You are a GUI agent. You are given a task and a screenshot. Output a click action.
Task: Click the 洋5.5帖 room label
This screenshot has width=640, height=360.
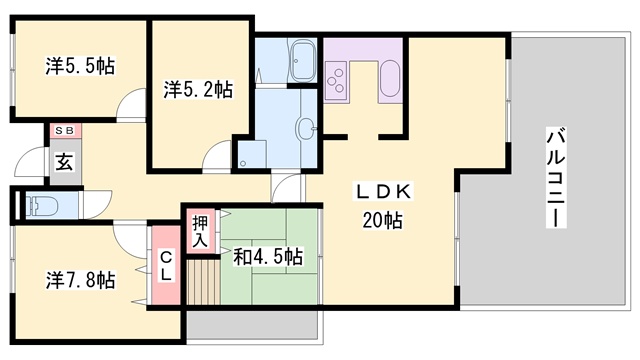pyautogui.click(x=80, y=66)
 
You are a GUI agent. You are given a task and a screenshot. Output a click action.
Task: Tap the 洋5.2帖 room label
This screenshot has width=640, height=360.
pyautogui.click(x=198, y=89)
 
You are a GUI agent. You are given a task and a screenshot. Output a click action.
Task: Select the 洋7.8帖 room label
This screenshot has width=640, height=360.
pyautogui.click(x=80, y=280)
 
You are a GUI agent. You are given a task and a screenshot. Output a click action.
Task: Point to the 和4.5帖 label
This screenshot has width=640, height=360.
pyautogui.click(x=268, y=257)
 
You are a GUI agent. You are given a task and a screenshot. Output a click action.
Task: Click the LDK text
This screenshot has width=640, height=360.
pyautogui.click(x=383, y=191)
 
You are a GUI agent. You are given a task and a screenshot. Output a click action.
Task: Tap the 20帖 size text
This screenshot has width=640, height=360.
pyautogui.click(x=382, y=220)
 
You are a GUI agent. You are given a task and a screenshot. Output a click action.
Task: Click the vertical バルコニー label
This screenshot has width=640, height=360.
pyautogui.click(x=556, y=178)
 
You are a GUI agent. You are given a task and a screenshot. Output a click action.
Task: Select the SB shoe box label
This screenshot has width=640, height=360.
pyautogui.click(x=65, y=131)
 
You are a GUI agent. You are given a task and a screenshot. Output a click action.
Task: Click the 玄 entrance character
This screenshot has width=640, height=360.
pyautogui.click(x=64, y=162)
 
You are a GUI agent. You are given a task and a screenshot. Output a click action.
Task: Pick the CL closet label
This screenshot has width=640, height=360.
pyautogui.click(x=165, y=267)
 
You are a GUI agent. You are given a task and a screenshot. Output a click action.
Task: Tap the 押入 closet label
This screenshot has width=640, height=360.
pyautogui.click(x=200, y=231)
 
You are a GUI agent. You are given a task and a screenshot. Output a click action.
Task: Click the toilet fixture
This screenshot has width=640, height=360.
pyautogui.click(x=41, y=206)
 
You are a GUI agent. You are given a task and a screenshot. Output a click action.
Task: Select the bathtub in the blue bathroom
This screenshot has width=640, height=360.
pyautogui.click(x=302, y=61)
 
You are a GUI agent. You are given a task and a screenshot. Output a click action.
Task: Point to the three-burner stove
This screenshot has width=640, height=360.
pyautogui.click(x=336, y=81)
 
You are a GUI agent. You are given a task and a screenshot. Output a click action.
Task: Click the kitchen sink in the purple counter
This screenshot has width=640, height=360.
pyautogui.click(x=390, y=79)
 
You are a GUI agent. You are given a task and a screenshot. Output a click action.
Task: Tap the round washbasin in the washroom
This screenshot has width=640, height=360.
pyautogui.click(x=307, y=128)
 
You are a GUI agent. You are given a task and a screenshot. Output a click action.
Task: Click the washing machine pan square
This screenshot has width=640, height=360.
pyautogui.click(x=252, y=154)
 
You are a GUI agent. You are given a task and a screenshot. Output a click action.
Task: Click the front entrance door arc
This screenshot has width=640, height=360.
pyautogui.click(x=29, y=161)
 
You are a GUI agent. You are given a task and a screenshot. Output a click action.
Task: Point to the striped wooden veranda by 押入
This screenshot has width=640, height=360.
pyautogui.click(x=203, y=282)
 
